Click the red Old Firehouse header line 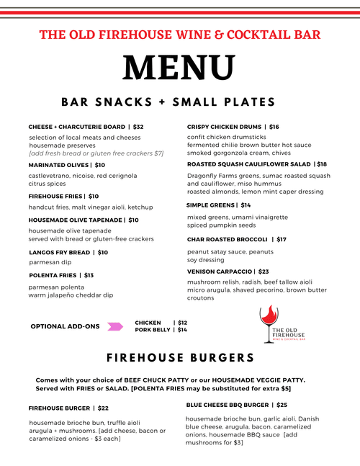pos(179,35)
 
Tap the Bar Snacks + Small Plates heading pos(179,102)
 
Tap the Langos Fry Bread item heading pos(60,253)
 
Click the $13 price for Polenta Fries pos(89,275)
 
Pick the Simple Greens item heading pos(212,205)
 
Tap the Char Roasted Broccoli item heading pos(227,239)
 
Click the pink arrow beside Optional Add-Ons pos(114,326)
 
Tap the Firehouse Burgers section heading pos(179,358)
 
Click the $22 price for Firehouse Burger pos(103,408)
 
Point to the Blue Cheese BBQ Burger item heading pos(227,405)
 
